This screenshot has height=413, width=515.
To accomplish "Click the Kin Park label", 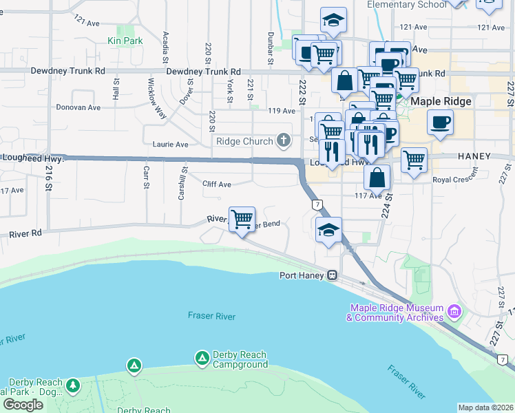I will pos(125,41).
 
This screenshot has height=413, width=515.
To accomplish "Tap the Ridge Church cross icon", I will pos(283,141).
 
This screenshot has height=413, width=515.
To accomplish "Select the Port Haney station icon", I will pos(332,275).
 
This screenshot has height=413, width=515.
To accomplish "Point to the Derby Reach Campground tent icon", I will pos(202,358).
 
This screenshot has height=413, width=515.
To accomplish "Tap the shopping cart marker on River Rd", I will pos(242,220).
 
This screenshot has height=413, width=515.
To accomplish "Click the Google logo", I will pos(23,405).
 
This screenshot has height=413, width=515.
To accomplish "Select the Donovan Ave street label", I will pos(78,107).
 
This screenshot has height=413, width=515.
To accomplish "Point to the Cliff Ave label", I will pos(217,184).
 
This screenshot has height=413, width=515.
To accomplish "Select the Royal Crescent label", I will pos(455,180).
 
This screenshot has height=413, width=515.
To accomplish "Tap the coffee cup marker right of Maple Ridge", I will pos(440,123).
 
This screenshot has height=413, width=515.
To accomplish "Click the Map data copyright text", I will pos(485,407).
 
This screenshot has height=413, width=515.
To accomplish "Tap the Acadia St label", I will pos(165,45).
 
